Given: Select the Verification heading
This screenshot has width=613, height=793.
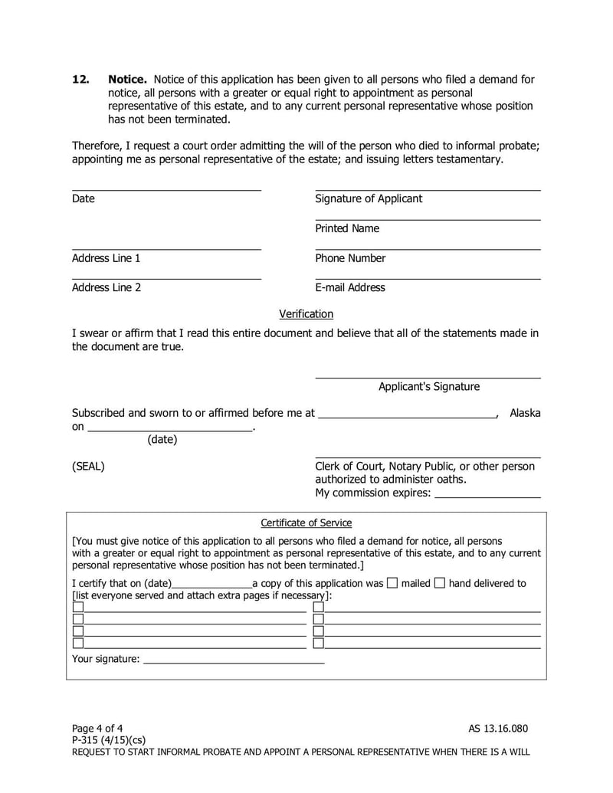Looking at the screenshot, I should coord(306,314).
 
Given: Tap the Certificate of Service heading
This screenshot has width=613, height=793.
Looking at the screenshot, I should coord(306,523).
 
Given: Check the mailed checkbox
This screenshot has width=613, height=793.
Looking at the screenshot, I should coord(392,583).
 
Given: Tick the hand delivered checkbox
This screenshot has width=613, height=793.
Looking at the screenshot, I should coord(440,583).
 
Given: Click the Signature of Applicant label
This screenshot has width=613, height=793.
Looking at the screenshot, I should coord(369,199).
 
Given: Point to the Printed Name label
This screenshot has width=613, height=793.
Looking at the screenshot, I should coord(347,228).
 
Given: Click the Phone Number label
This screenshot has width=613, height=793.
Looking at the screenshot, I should coord(350,258).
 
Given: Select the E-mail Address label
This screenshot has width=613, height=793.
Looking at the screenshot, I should coord(350,288).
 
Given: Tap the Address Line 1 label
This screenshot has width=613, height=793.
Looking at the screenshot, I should coord(106,258).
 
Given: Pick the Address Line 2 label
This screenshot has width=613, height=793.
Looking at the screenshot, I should coord(107,288).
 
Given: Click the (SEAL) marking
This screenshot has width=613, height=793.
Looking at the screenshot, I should coord(88,467).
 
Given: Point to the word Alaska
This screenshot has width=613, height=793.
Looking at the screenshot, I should coord(525,413).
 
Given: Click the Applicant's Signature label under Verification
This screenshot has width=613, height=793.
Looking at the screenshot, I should coord(429,387).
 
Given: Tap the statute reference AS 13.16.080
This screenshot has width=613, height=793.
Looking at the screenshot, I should coord(498,728).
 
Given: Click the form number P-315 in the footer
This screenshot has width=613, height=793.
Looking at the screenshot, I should coord(87,739).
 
